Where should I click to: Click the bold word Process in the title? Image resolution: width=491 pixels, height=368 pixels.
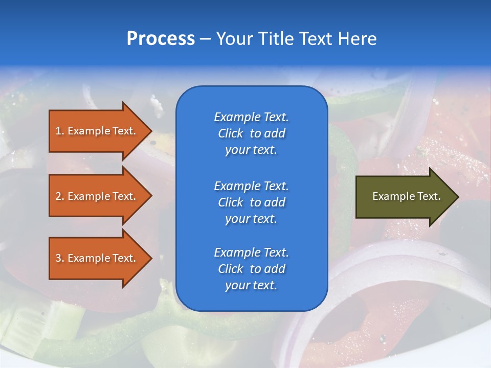(x=161, y=39)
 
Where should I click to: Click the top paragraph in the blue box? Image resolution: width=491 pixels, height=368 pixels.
(x=251, y=133)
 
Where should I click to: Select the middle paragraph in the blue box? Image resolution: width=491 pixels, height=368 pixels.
(x=251, y=202)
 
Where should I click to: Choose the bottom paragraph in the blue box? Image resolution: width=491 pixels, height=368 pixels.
(x=251, y=269)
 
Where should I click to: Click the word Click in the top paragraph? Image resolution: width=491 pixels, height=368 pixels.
(x=231, y=133)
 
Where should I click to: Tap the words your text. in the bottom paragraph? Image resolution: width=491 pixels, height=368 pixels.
(x=251, y=285)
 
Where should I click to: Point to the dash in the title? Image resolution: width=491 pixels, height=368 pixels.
(x=206, y=39)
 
